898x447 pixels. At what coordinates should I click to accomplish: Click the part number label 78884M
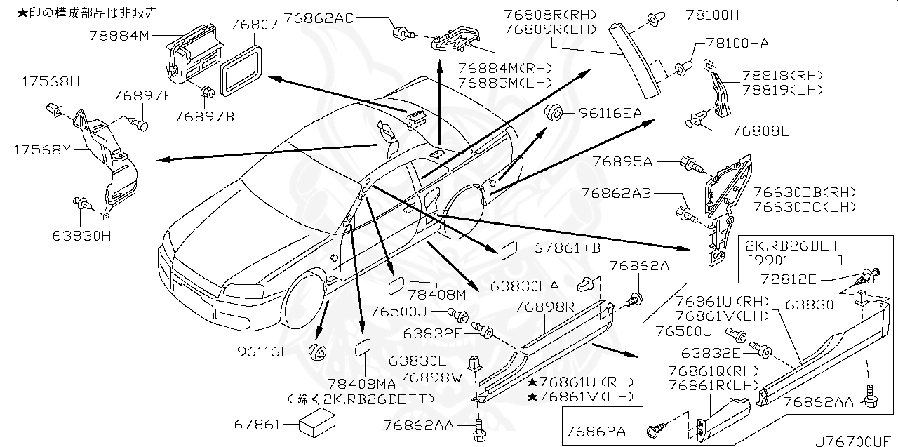pyautogui.click(x=120, y=34)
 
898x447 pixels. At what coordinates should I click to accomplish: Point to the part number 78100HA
pyautogui.click(x=737, y=44)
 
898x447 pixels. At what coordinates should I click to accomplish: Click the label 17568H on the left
pyautogui.click(x=40, y=81)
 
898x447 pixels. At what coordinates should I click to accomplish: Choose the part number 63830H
pyautogui.click(x=81, y=236)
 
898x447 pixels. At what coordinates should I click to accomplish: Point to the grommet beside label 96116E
pyautogui.click(x=316, y=351)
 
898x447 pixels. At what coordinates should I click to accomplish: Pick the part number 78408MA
pyautogui.click(x=367, y=384)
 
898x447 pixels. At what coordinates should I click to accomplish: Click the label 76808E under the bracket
pyautogui.click(x=760, y=130)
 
